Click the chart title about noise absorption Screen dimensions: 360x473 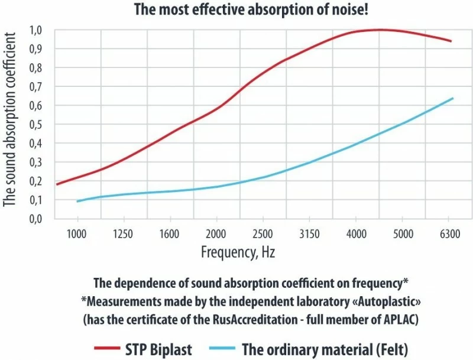click(x=237, y=9)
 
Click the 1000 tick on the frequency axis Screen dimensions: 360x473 click(x=77, y=233)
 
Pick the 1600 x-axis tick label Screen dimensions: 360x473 click(x=170, y=233)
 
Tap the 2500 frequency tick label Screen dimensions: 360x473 click(x=263, y=233)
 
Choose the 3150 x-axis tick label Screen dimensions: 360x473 click(x=309, y=233)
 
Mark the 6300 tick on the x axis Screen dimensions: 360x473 click(x=449, y=233)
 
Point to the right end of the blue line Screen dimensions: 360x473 click(x=452, y=98)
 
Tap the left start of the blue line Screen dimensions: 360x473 click(x=77, y=202)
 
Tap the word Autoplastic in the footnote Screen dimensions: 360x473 click(x=374, y=301)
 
